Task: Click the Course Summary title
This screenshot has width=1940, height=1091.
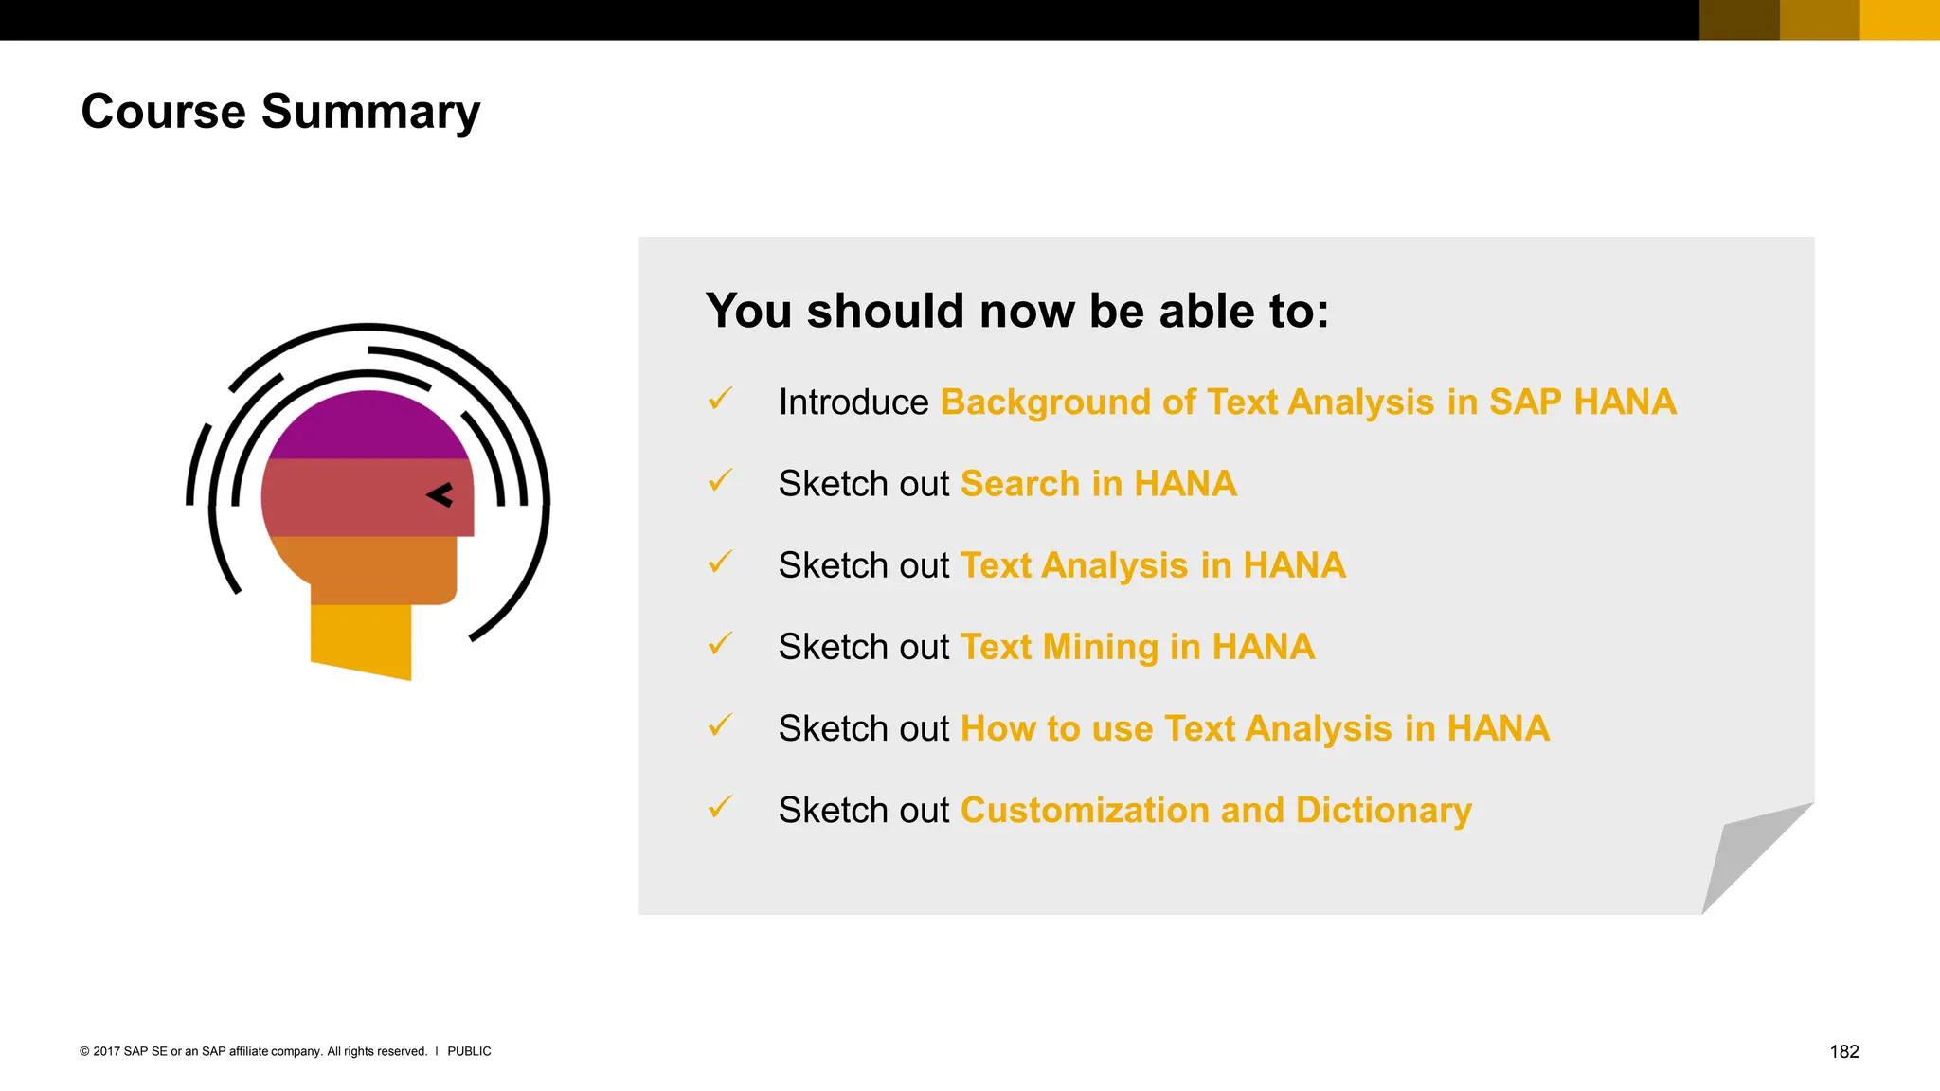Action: click(x=280, y=112)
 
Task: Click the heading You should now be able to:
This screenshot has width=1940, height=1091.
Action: click(x=1016, y=311)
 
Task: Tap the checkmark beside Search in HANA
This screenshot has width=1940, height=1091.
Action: click(x=720, y=481)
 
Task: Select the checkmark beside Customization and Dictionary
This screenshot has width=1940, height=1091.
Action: click(x=720, y=808)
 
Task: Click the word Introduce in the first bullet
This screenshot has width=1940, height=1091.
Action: click(x=853, y=402)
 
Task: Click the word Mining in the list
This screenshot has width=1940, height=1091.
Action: click(x=1100, y=647)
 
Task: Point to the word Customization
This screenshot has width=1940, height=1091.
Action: click(x=1084, y=811)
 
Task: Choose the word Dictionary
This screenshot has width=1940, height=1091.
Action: click(x=1383, y=811)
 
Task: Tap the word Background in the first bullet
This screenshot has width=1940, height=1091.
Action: click(x=1045, y=402)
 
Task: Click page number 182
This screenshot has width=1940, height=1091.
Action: click(x=1843, y=1051)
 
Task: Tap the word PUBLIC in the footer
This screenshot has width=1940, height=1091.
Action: click(x=469, y=1051)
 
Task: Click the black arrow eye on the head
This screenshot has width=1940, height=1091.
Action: click(x=440, y=494)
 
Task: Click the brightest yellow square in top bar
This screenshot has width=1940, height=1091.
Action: click(x=1899, y=20)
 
